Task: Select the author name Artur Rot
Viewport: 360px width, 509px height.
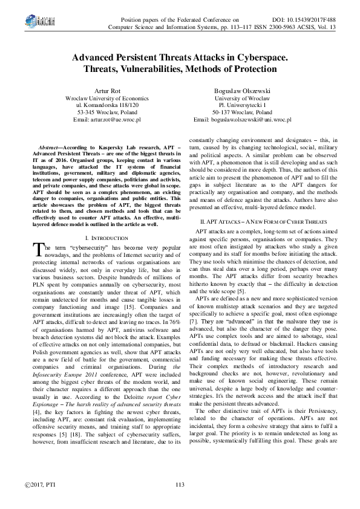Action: pyautogui.click(x=106, y=91)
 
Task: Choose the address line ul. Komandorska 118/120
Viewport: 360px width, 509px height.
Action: pyautogui.click(x=106, y=105)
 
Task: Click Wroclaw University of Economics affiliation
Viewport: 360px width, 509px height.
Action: pyautogui.click(x=106, y=98)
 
